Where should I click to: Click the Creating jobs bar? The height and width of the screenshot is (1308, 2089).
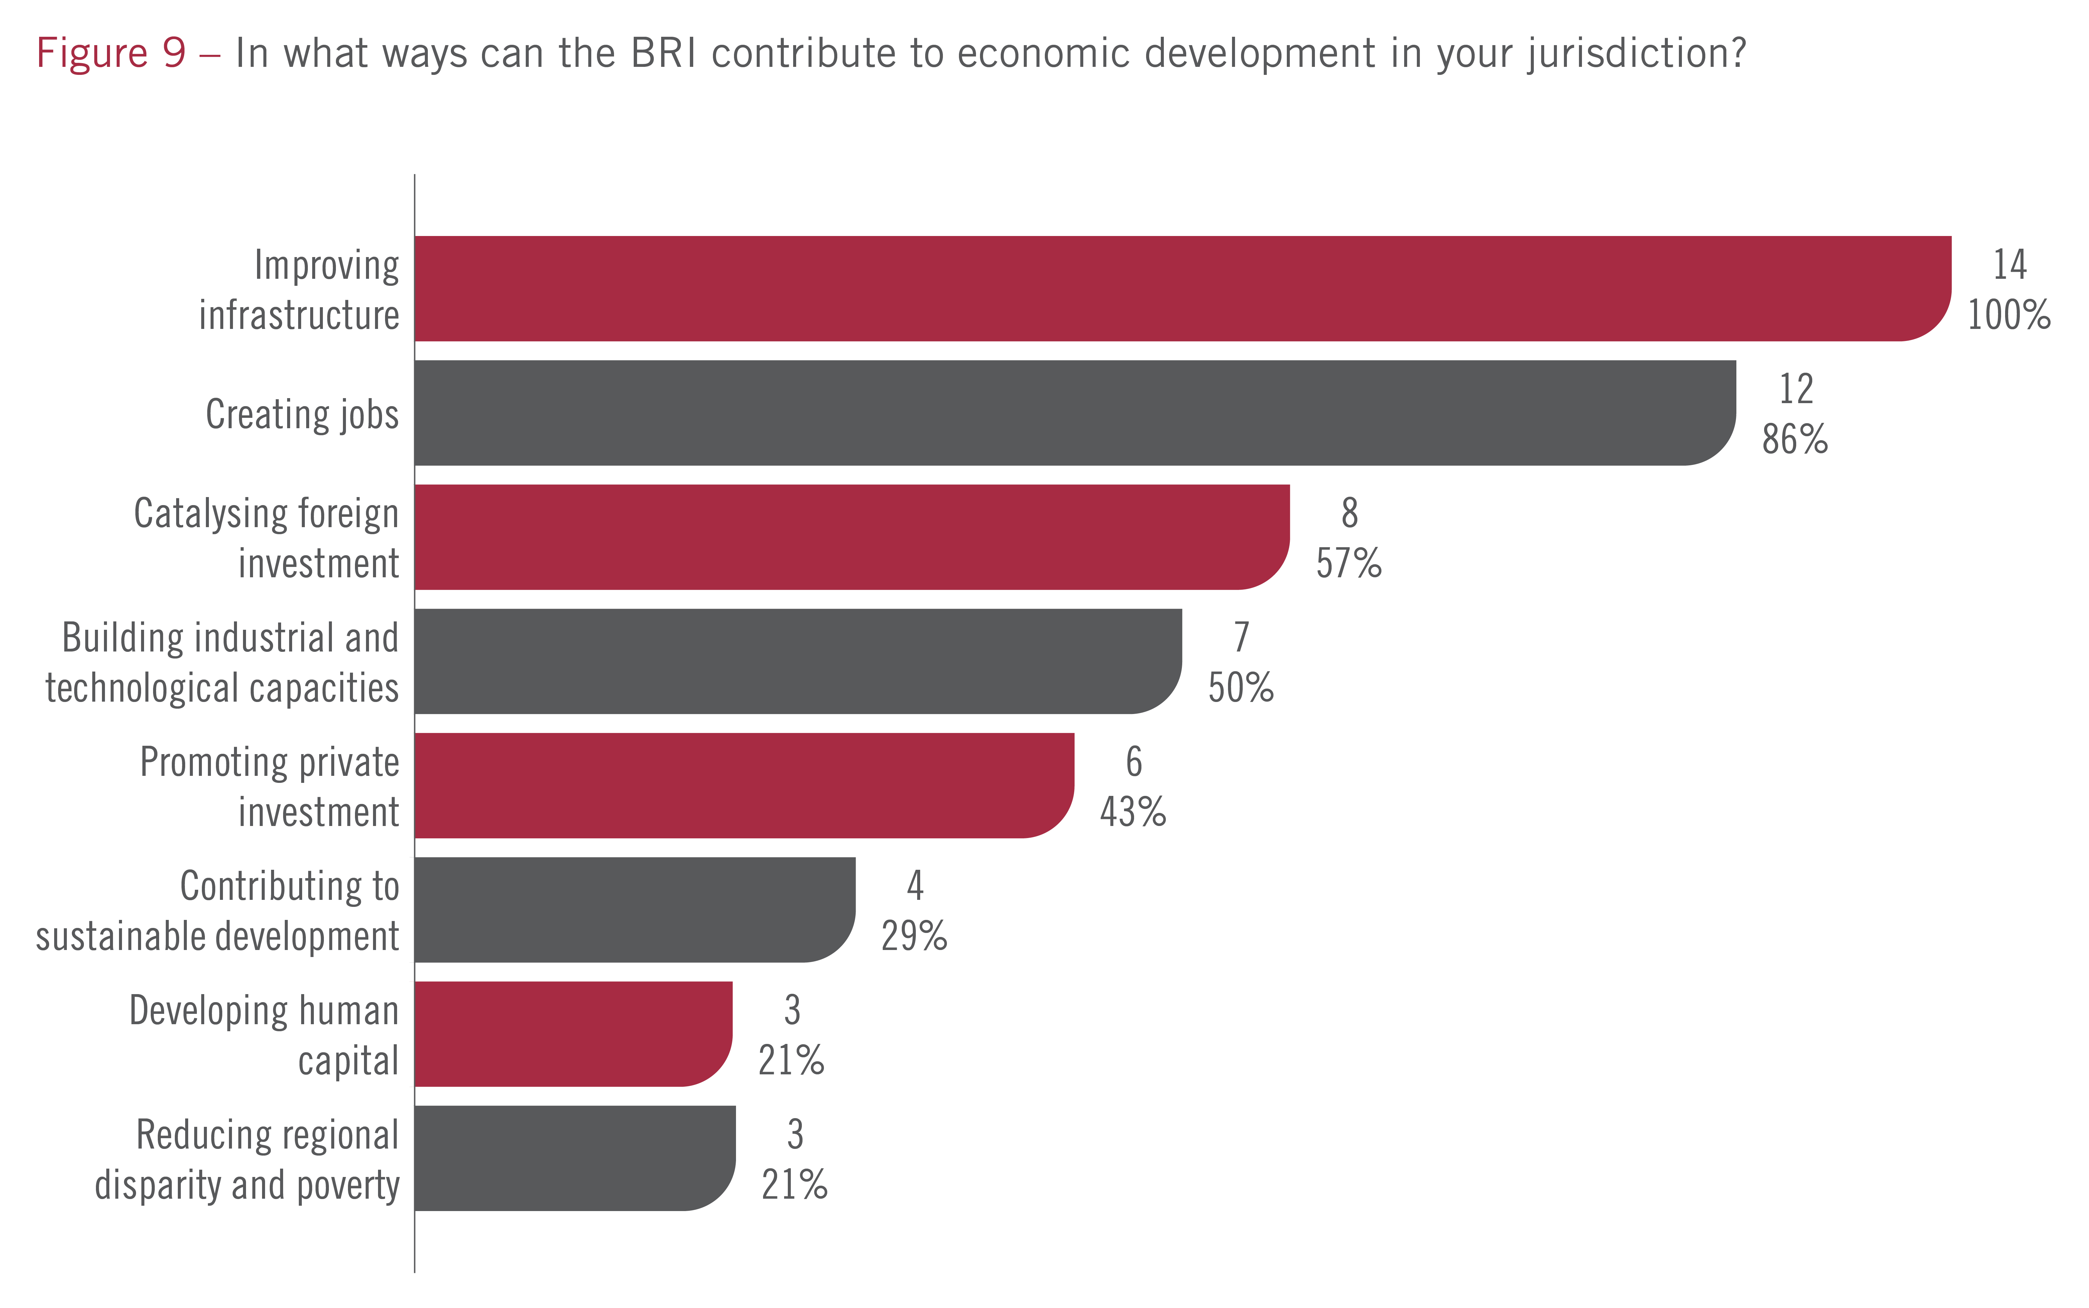click(x=1074, y=412)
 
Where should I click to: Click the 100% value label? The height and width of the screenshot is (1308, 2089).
click(x=2008, y=315)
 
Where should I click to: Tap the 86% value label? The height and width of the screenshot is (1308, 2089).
click(x=1795, y=440)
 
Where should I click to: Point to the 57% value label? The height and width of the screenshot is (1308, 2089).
click(x=1349, y=564)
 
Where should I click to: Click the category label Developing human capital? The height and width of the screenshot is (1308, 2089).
click(x=264, y=1035)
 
